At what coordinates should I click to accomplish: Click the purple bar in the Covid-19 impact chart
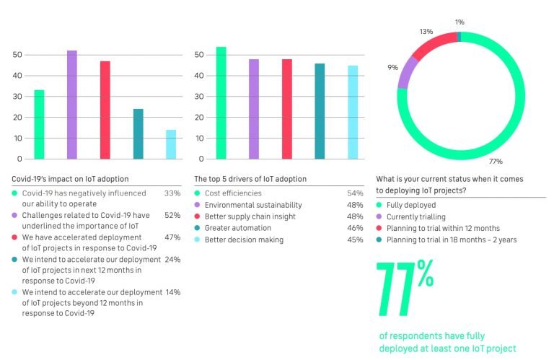[71, 105]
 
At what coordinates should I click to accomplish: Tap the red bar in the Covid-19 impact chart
[105, 110]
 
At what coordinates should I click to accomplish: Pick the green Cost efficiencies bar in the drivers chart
[221, 102]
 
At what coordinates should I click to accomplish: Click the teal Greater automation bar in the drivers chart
[320, 111]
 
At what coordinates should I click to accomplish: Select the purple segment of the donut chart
[408, 73]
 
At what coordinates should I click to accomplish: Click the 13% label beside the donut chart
[426, 32]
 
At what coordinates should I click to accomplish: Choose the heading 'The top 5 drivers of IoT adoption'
[250, 179]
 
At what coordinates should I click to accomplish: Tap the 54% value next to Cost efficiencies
[355, 193]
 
